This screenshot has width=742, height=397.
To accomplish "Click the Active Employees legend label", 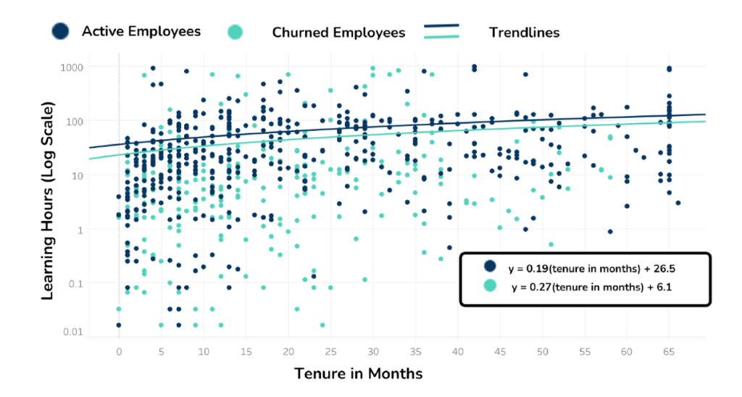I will coord(141,31).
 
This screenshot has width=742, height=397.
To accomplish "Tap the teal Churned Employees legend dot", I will coord(235,32).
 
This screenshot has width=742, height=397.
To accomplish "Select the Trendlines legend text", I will coord(524,32).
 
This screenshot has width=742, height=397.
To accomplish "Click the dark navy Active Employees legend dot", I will coord(60,30).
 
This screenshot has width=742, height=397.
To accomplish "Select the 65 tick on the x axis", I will coord(669,351).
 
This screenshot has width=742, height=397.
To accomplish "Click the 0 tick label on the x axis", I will coord(119,351).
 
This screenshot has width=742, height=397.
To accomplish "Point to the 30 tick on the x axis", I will coord(372,351).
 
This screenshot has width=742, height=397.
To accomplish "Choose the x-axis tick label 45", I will coord(499,351).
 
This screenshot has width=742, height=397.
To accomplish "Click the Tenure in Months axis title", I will coord(358,374).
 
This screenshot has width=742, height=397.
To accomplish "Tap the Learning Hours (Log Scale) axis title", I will coord(48,201).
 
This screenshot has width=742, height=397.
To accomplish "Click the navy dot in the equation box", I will coord(491,267).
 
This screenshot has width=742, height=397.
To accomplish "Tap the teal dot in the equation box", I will coord(491,286).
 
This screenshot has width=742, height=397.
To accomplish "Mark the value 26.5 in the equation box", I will coord(664,268).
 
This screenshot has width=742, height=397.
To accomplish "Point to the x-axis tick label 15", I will coord(246,351).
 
